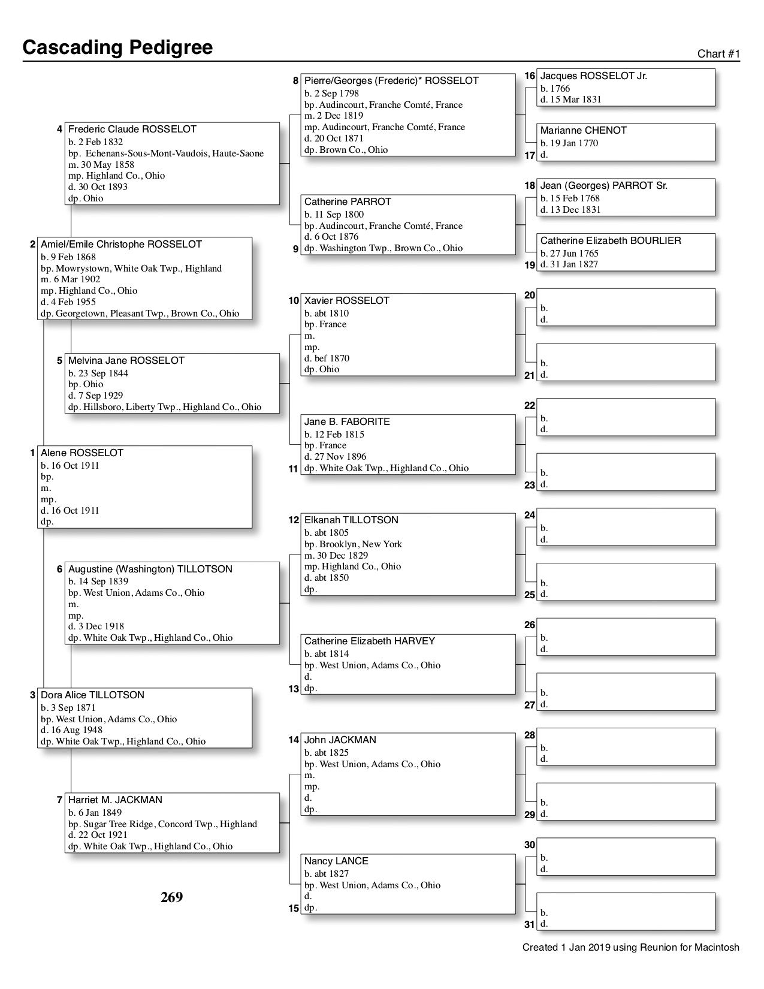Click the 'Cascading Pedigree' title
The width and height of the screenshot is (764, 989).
pos(117,47)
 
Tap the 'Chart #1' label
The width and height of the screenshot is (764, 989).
pos(718,54)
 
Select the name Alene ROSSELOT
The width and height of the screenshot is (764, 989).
pos(73,453)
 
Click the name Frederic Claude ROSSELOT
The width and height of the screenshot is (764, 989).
pos(132,129)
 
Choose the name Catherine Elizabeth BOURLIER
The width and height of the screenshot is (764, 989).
pos(610,241)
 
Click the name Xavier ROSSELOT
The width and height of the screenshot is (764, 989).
pos(346,301)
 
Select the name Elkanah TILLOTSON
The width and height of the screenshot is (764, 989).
pos(351,520)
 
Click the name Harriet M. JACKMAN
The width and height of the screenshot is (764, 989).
pos(115,800)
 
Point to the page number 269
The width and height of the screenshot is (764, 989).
pos(171,897)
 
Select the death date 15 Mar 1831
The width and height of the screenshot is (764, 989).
pos(570,99)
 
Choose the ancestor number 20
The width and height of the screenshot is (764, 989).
pos(529,296)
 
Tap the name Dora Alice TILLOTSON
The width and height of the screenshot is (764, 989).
pos(92,695)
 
